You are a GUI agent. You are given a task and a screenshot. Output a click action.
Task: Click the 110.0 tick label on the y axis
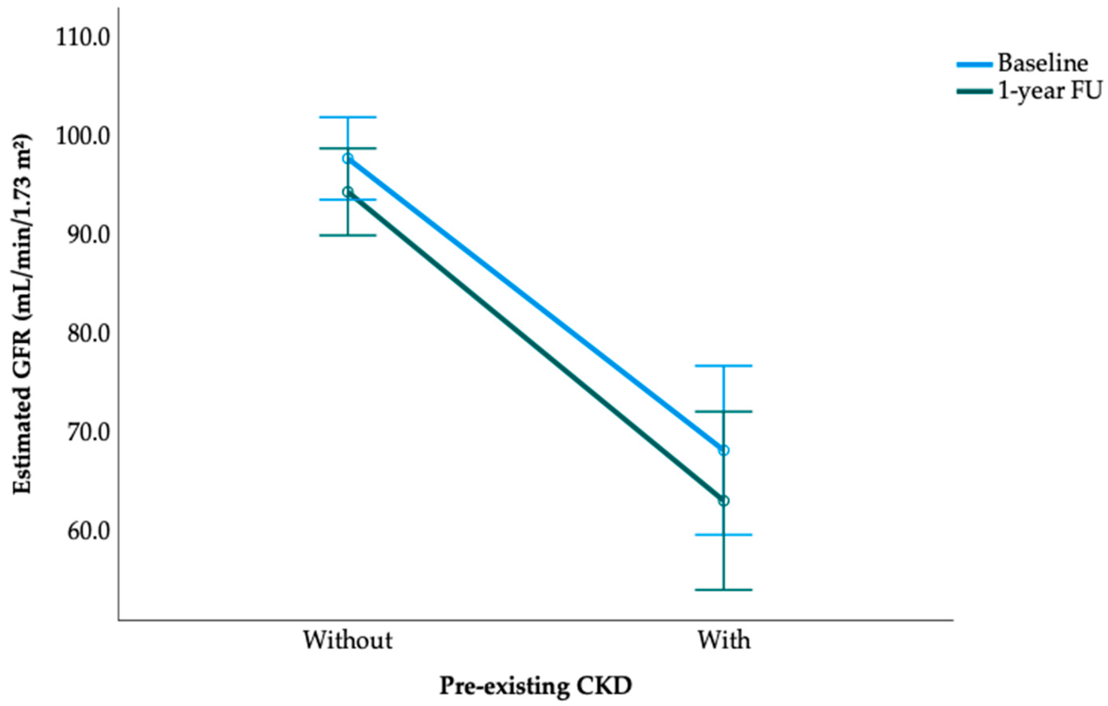point(83,39)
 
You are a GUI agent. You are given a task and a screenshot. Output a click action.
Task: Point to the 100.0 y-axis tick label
point(83,137)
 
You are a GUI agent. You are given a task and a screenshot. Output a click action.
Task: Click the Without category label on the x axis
point(347,640)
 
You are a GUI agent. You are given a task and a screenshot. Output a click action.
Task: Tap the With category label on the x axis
point(724,640)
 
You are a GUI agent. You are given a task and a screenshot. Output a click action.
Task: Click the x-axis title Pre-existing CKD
point(536,686)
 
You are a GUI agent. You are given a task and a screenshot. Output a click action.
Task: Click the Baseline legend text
point(1042,64)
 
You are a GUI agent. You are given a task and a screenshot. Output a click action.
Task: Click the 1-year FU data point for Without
point(347,192)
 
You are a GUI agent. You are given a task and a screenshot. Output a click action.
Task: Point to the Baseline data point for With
point(724,450)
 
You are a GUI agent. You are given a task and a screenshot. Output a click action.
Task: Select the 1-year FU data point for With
point(724,500)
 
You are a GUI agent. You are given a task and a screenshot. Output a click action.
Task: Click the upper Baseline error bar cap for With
point(724,366)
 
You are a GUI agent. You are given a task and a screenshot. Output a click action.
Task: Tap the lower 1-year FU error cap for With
point(724,590)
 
